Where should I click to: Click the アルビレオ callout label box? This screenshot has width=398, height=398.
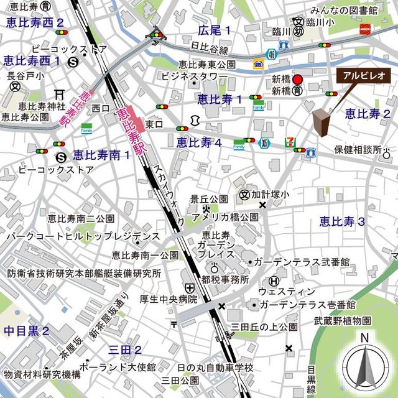tap(363, 75)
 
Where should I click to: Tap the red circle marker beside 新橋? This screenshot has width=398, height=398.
tap(298, 80)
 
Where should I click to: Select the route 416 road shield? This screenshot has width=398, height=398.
tap(271, 54)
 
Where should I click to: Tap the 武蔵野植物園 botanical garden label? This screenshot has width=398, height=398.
tap(343, 320)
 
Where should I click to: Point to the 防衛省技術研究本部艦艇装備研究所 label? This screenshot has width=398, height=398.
tap(85, 273)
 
